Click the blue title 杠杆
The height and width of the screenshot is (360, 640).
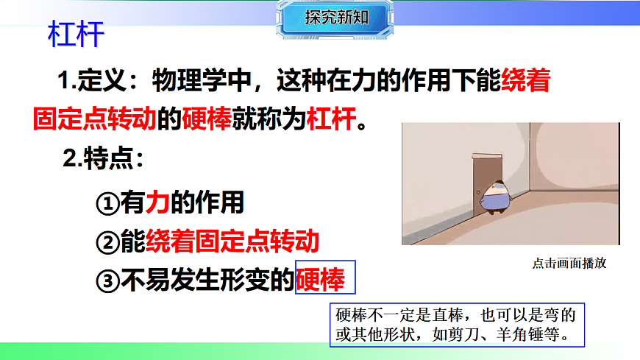tap(76, 34)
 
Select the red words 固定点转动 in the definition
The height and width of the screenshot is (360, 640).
tap(96, 118)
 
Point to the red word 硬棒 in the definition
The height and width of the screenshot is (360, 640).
tap(207, 118)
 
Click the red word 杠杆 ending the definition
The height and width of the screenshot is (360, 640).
tap(331, 118)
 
